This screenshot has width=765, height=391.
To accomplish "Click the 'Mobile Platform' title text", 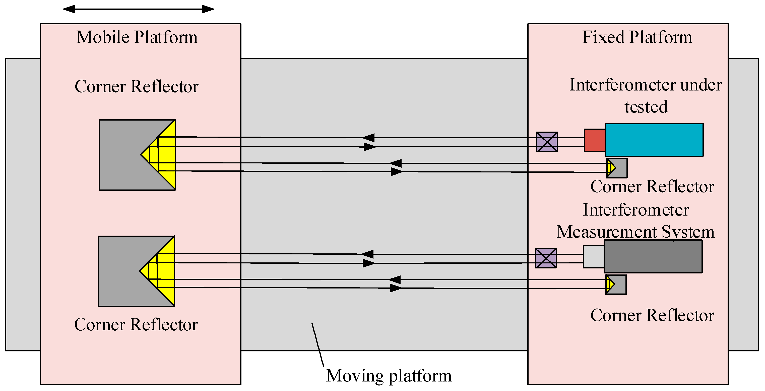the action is [x=137, y=37].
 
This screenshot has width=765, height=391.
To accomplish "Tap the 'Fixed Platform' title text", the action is [x=637, y=37].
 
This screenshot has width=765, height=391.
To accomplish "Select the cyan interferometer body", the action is [x=654, y=140].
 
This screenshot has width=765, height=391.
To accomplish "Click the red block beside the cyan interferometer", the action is [x=595, y=140].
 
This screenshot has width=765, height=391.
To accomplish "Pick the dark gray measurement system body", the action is [x=653, y=256].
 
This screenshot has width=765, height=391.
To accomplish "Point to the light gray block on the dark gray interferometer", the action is [x=594, y=257].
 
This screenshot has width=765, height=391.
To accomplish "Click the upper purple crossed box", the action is [x=547, y=142].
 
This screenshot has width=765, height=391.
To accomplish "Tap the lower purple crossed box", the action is [x=546, y=258].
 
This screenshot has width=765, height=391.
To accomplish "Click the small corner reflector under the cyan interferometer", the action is [x=616, y=168].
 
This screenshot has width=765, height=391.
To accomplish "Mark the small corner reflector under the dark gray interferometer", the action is [x=616, y=284].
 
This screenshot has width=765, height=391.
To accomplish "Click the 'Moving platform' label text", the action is [x=389, y=376].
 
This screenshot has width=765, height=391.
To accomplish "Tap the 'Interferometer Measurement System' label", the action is [x=635, y=221].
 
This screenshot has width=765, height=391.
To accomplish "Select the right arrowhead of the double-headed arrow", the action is [x=208, y=9].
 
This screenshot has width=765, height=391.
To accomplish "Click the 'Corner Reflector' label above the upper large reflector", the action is [x=137, y=87].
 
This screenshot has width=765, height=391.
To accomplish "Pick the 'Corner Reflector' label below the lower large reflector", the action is [x=136, y=325].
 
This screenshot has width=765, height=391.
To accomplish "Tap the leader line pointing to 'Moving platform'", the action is [x=317, y=344].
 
